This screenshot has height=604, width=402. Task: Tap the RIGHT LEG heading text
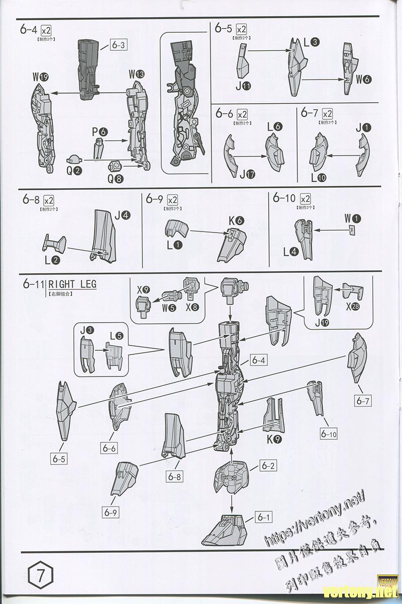pyautogui.click(x=72, y=284)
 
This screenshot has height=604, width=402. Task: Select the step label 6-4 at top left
pyautogui.click(x=28, y=29)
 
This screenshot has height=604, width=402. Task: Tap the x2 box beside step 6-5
pyautogui.click(x=242, y=29)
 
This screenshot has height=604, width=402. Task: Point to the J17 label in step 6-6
pyautogui.click(x=247, y=175)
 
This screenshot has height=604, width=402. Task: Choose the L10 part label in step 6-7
pyautogui.click(x=319, y=177)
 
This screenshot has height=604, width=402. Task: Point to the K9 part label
pyautogui.click(x=274, y=439)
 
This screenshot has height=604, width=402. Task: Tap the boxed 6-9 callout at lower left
pyautogui.click(x=112, y=512)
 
